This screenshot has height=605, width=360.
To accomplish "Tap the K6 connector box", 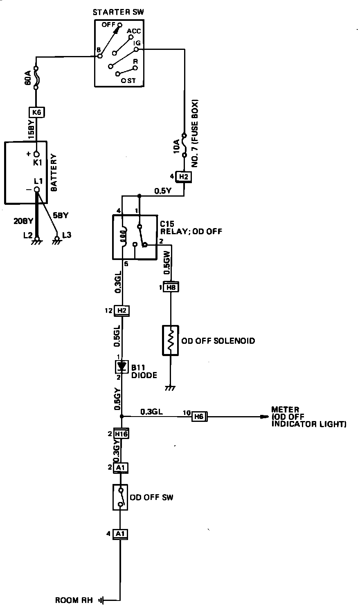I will pos(36,112).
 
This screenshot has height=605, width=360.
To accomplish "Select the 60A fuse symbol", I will pos(36,78).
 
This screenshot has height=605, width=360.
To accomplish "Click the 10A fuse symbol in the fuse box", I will pos(184,145).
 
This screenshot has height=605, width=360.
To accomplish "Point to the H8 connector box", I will pos(171,287).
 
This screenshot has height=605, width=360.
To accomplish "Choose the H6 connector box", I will pos(199,417).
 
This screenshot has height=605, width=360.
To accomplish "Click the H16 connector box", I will pos(121,434).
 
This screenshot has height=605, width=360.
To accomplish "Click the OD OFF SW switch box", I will pos(120,497).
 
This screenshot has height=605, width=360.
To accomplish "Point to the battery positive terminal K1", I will pos(36,155).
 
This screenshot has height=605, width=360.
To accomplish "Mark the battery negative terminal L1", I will pos(36,190).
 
